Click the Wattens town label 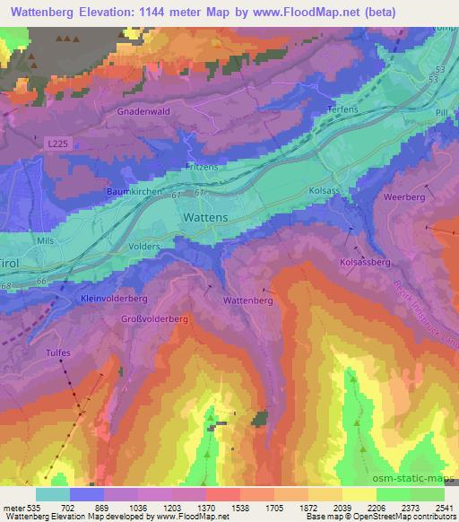click(204, 218)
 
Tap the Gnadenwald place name click(143, 113)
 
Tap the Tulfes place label click(59, 353)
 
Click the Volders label click(144, 246)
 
